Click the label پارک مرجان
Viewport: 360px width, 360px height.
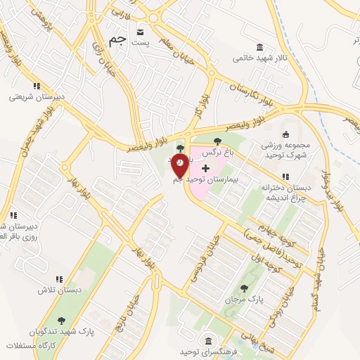point(244,300)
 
